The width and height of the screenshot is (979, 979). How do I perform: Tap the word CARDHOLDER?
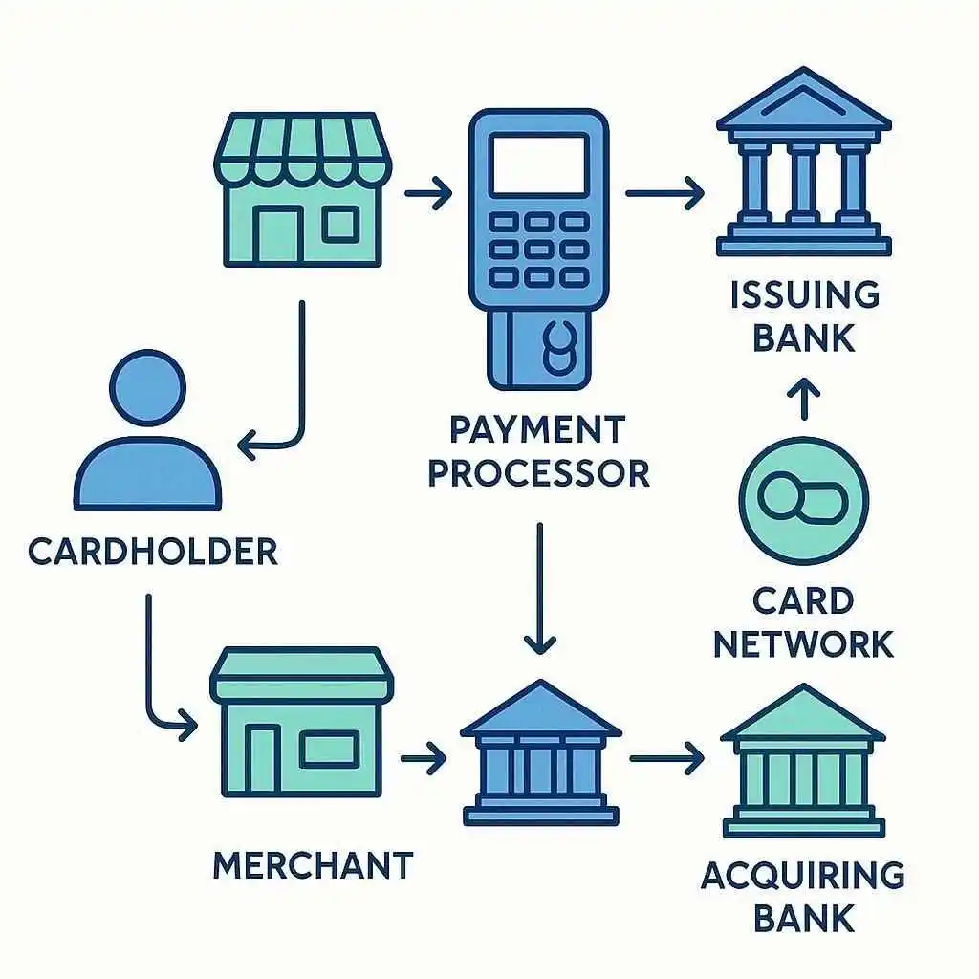pyautogui.click(x=153, y=552)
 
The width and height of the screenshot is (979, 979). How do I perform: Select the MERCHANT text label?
pyautogui.click(x=313, y=864)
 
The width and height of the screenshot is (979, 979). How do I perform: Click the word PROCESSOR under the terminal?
pyautogui.click(x=538, y=473)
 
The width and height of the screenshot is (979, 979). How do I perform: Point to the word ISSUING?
pyautogui.click(x=804, y=295)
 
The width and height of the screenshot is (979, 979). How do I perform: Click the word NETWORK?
pyautogui.click(x=803, y=643)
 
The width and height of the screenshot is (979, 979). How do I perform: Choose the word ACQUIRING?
pyautogui.click(x=803, y=875)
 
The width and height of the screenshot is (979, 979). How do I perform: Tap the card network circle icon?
pyautogui.click(x=803, y=500)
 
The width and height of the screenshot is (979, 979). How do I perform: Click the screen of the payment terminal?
pyautogui.click(x=538, y=164)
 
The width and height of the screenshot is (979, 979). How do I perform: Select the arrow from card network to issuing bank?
pyautogui.click(x=803, y=400)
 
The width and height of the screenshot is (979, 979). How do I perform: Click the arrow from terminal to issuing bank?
pyautogui.click(x=664, y=194)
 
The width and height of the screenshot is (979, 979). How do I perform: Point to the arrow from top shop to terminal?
pyautogui.click(x=428, y=195)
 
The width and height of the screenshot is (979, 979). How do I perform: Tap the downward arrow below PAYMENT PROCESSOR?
pyautogui.click(x=540, y=587)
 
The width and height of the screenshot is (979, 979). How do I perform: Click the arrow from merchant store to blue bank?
pyautogui.click(x=423, y=759)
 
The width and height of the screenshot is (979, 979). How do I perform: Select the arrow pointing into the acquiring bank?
pyautogui.click(x=666, y=759)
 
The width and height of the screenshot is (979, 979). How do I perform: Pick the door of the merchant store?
pyautogui.click(x=262, y=760)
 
